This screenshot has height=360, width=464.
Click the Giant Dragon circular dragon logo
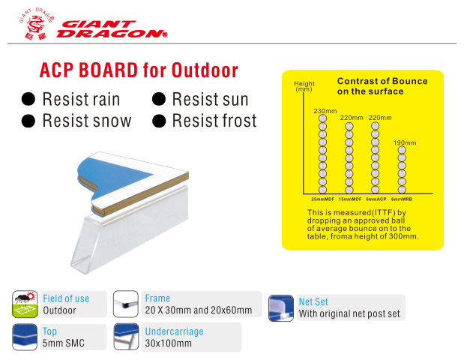pyautogui.click(x=37, y=24)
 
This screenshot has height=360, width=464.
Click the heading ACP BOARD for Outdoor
pyautogui.click(x=139, y=70)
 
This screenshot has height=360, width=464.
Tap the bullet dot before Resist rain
pyautogui.click(x=28, y=99)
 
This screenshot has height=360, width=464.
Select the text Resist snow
pyautogui.click(x=87, y=121)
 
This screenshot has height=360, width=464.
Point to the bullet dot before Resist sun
pyautogui.click(x=159, y=99)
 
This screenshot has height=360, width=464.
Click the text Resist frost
pyautogui.click(x=214, y=121)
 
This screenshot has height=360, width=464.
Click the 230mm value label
pyautogui.click(x=325, y=111)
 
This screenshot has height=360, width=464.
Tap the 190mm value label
pyautogui.click(x=405, y=142)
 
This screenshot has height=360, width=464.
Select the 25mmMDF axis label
pyautogui.click(x=322, y=199)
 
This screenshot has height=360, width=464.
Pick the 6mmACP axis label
pyautogui.click(x=376, y=199)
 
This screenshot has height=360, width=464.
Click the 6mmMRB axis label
pyautogui.click(x=402, y=199)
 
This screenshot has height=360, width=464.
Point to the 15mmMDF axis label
pyautogui.click(x=350, y=199)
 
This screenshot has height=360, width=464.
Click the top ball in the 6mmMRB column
pyautogui.click(x=402, y=150)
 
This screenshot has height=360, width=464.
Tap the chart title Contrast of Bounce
pyautogui.click(x=382, y=81)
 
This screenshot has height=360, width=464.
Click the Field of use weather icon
pyautogui.click(x=25, y=304)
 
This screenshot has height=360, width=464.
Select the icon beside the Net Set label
pyautogui.click(x=281, y=308)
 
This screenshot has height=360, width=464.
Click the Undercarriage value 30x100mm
pyautogui.click(x=169, y=343)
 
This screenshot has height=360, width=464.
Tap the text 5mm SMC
pyautogui.click(x=63, y=343)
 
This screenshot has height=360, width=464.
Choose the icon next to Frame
pyautogui.click(x=126, y=304)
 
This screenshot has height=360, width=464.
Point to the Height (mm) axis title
pyautogui.click(x=304, y=86)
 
